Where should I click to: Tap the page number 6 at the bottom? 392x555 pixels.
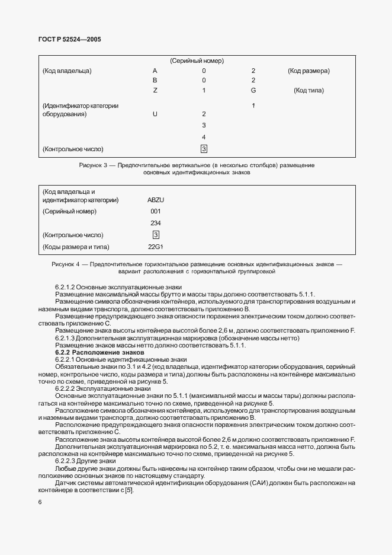[40, 502]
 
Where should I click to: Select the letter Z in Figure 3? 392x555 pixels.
[155, 90]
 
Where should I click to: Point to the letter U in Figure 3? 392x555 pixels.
[155, 114]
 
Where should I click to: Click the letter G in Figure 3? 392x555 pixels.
[253, 90]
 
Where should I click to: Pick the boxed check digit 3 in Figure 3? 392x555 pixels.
[204, 149]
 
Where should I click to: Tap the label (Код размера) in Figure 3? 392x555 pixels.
[309, 71]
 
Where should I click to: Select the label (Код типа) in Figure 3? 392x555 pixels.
[309, 90]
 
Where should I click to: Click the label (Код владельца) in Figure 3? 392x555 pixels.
[67, 71]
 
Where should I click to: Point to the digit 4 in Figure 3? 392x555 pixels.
[204, 137]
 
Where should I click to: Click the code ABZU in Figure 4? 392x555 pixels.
[156, 200]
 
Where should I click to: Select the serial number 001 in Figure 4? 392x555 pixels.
[156, 211]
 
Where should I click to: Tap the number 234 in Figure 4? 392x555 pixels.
[156, 223]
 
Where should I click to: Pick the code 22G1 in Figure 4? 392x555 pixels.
[156, 246]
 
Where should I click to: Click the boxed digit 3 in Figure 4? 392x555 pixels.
[156, 235]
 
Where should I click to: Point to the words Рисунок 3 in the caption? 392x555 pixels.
[92, 165]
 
